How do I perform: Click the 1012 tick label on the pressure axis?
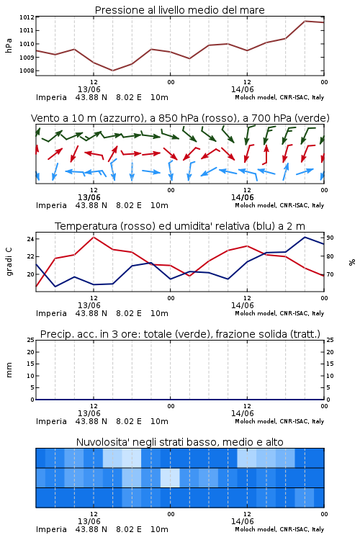pos(27,17)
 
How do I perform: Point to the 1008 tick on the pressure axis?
pos(27,71)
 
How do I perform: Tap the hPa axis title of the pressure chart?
pos(9,45)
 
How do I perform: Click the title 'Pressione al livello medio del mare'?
pos(180,10)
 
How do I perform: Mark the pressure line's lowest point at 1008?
pos(112,71)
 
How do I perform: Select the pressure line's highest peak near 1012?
pos(305,21)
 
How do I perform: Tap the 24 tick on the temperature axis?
pos(30,239)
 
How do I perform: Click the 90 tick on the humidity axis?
pos(330,238)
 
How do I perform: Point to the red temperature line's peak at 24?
pos(94,237)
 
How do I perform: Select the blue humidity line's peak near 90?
pos(305,237)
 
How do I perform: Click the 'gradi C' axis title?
pos(9,261)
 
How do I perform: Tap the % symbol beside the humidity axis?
pos(352,262)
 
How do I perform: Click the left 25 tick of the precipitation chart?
pos(30,340)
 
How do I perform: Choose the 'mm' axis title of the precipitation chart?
pos(9,369)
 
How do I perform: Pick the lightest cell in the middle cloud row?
pos(170,477)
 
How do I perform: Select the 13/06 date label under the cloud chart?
pos(89,521)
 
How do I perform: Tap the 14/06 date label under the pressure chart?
pos(242,89)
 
